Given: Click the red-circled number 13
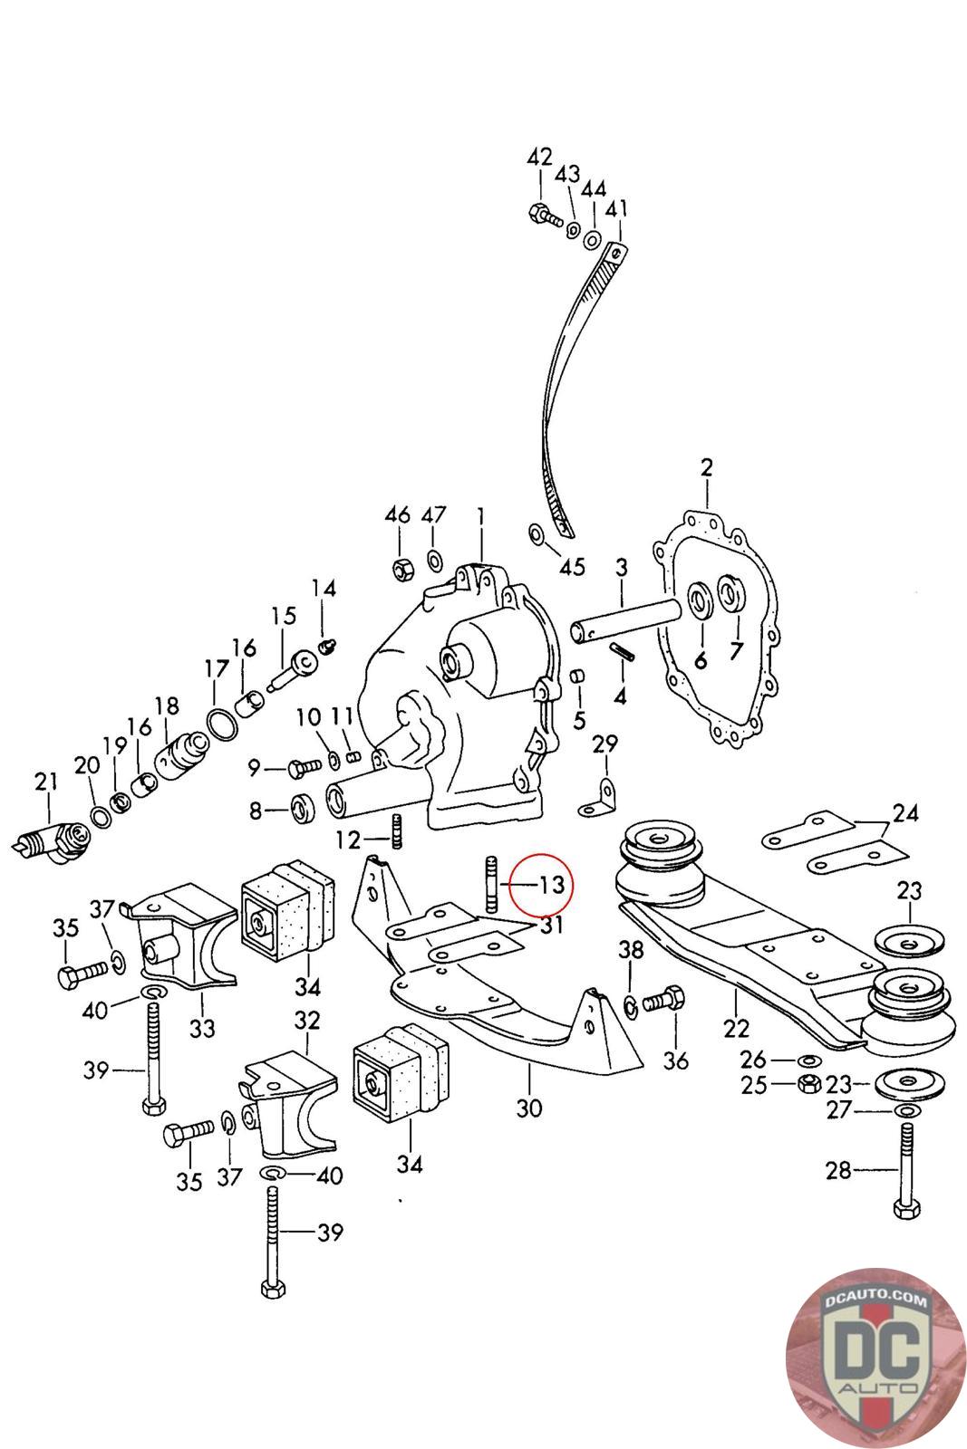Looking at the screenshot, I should (x=552, y=884).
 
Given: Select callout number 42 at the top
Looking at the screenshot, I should (x=539, y=157).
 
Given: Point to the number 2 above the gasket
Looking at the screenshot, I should (x=706, y=468).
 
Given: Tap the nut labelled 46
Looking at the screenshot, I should (x=400, y=571).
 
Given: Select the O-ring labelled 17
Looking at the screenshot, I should (x=221, y=724).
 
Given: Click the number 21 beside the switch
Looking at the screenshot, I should (x=45, y=781).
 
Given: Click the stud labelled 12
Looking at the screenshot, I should (x=395, y=830).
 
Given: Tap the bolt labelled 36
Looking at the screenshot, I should (x=661, y=1003).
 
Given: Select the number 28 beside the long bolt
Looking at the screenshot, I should (x=838, y=1171).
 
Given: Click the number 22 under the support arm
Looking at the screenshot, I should (x=737, y=1029).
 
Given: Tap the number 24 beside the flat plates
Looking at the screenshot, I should (x=904, y=813).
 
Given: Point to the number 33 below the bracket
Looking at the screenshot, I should (x=202, y=1029).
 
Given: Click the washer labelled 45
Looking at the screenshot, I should (x=536, y=534).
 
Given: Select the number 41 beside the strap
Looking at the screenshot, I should (x=617, y=209).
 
